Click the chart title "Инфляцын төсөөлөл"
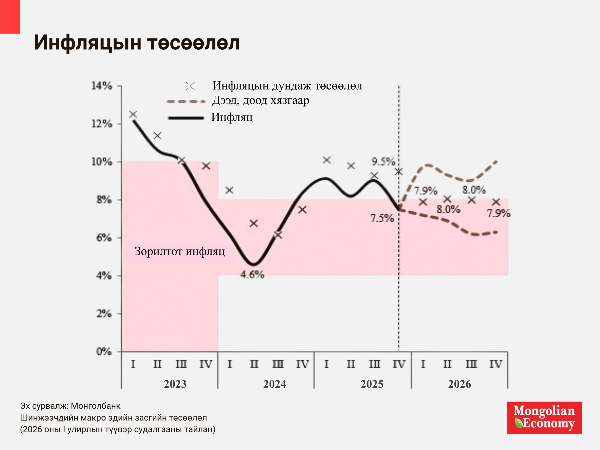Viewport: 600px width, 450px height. click(x=137, y=43)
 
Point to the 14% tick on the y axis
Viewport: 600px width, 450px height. click(x=102, y=86)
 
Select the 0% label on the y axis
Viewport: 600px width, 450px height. click(x=104, y=352)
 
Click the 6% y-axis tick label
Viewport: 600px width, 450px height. click(x=104, y=238)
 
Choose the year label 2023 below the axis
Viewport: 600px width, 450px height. click(x=175, y=384)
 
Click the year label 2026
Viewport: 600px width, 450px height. click(x=460, y=384)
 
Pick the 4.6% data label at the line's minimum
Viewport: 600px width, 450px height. click(x=252, y=275)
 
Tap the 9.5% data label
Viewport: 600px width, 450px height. click(x=383, y=162)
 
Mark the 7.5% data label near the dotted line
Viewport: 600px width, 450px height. click(x=382, y=218)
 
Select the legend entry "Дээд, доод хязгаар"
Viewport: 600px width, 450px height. click(x=260, y=100)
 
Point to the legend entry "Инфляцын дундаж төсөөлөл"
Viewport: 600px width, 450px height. click(x=287, y=86)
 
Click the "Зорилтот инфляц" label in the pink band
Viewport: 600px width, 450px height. click(x=180, y=251)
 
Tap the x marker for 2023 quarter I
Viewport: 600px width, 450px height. click(x=133, y=114)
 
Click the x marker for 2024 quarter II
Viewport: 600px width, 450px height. click(x=254, y=223)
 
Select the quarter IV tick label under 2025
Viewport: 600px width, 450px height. click(x=399, y=364)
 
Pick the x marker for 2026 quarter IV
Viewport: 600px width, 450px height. click(x=496, y=202)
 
